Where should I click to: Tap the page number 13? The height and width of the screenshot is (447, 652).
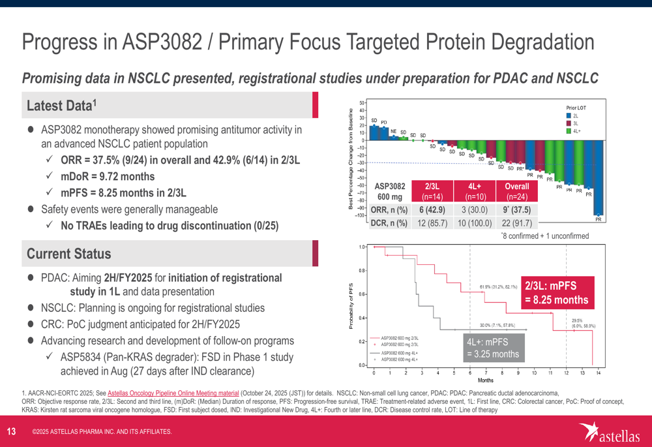(x=11, y=431)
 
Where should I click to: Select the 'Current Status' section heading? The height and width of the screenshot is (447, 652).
(x=68, y=253)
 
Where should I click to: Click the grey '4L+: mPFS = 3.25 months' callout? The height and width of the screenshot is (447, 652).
(x=493, y=348)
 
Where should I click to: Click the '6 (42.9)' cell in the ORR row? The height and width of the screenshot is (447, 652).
(x=431, y=209)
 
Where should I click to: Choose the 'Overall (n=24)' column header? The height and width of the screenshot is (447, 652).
(x=517, y=191)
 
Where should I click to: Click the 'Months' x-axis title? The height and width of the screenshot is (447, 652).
(x=486, y=379)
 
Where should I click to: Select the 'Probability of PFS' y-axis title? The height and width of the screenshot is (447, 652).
(x=352, y=306)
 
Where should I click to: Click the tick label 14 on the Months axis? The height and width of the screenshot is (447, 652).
(x=598, y=372)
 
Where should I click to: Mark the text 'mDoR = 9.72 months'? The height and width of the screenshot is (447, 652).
(x=108, y=176)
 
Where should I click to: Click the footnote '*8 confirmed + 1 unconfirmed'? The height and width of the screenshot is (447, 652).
(x=544, y=235)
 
